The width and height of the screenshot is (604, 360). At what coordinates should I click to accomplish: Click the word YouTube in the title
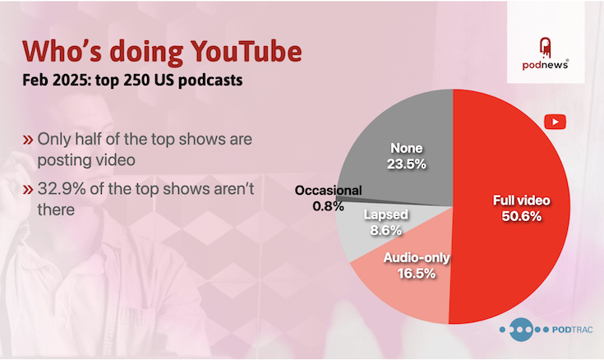[x=247, y=51]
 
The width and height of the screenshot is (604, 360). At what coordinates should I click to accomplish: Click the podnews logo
[x=545, y=53]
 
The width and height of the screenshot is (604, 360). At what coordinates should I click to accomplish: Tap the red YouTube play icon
[x=555, y=122]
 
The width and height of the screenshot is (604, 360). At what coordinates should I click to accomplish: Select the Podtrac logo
[x=546, y=330]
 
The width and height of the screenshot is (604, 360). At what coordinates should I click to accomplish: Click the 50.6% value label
[x=522, y=216]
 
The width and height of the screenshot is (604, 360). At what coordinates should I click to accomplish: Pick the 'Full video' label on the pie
[x=522, y=201]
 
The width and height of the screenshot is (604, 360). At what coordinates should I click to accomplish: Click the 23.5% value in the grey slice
[x=407, y=164]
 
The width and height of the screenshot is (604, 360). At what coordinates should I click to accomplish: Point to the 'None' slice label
[x=407, y=148]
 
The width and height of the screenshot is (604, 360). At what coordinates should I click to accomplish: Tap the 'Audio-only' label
[x=417, y=257]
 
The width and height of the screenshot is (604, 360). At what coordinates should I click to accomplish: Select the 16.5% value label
[x=417, y=274]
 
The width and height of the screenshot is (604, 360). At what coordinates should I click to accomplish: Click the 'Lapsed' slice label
[x=385, y=215]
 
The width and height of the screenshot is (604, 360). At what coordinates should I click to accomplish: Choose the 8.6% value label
[x=385, y=230]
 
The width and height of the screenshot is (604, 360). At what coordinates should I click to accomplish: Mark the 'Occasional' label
[x=328, y=191]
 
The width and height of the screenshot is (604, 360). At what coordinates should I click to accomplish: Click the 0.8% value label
[x=328, y=206]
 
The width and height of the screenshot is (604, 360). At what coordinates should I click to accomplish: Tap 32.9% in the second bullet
[x=62, y=189]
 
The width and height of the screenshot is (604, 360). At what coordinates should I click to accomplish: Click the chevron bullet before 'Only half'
[x=28, y=139]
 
